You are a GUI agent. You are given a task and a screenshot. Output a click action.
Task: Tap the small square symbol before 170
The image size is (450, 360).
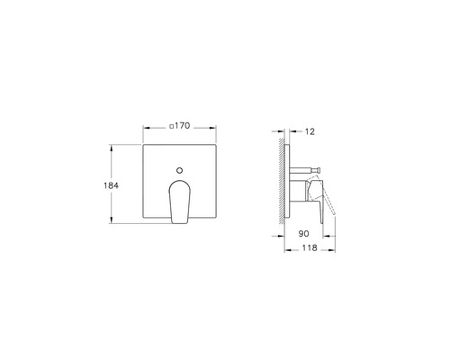tap(170, 126)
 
